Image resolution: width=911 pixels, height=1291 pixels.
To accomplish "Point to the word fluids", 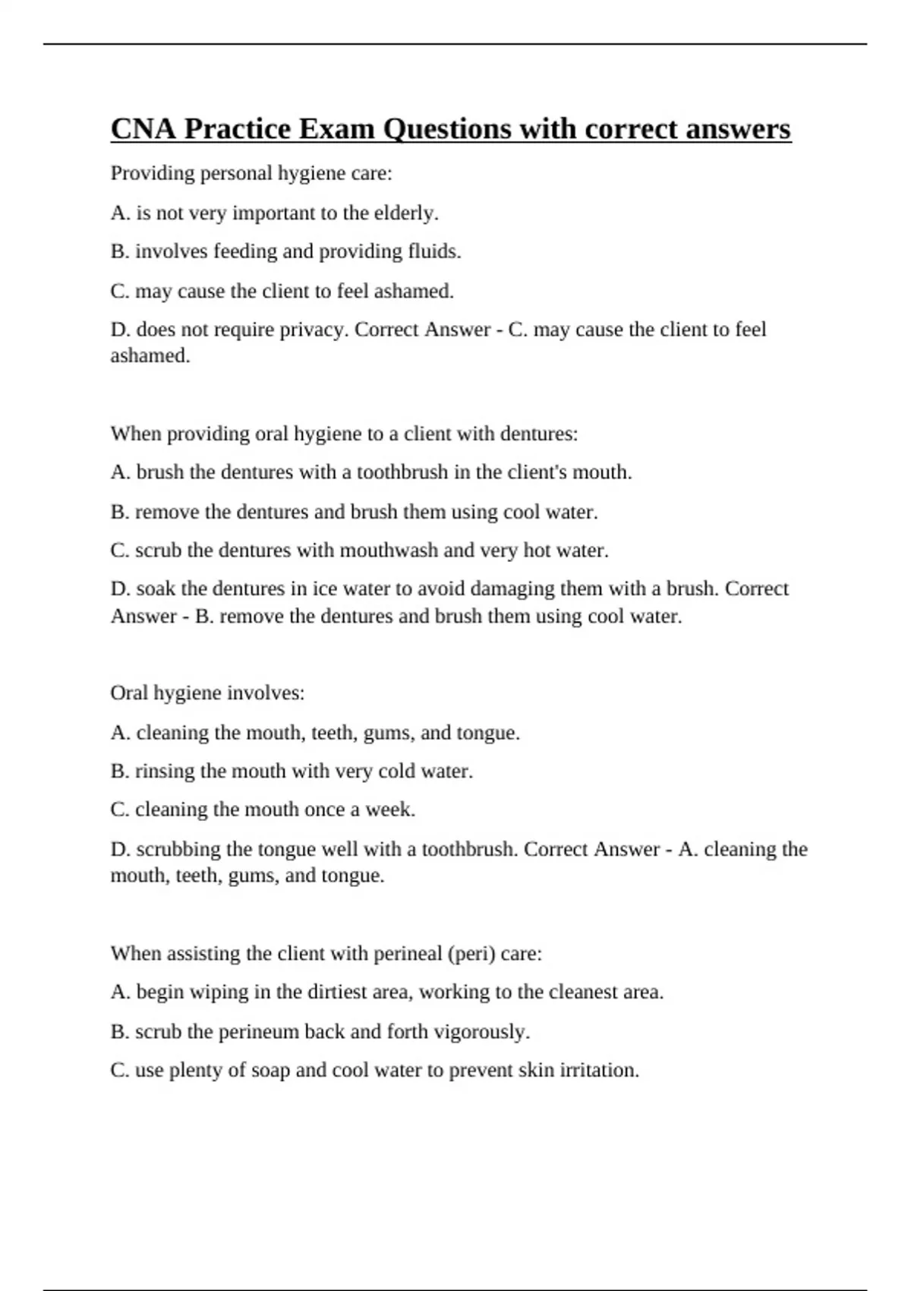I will click(x=435, y=251).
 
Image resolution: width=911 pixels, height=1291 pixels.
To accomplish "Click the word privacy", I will click(x=317, y=330).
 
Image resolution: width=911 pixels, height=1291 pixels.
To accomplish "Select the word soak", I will click(x=156, y=589).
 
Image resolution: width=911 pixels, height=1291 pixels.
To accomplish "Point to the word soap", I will click(x=270, y=1070).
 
